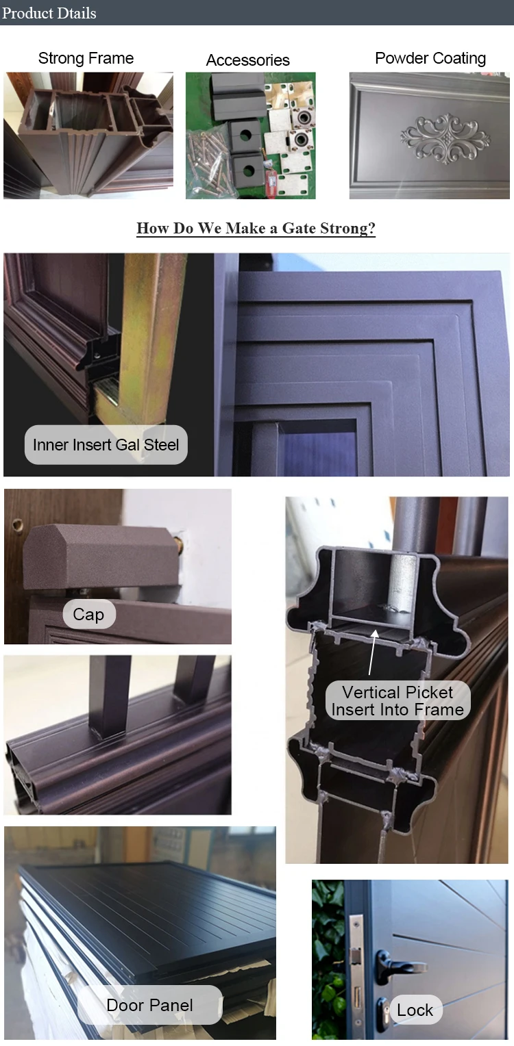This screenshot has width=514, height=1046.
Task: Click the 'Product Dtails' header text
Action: [49, 12]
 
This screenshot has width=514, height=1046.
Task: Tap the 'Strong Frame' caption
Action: [86, 58]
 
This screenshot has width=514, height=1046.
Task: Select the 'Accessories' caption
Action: [247, 60]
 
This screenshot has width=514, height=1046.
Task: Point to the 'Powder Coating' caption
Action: [430, 58]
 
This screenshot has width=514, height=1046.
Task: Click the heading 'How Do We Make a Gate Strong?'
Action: [256, 228]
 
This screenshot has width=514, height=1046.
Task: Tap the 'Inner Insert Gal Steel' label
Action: [106, 444]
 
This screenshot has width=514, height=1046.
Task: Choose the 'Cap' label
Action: [88, 614]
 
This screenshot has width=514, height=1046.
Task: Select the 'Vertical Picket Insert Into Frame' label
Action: [397, 701]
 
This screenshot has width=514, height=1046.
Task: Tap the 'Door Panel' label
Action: [149, 1005]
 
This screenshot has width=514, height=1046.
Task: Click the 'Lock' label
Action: [415, 1010]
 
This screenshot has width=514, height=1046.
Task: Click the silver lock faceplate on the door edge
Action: [356, 972]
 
